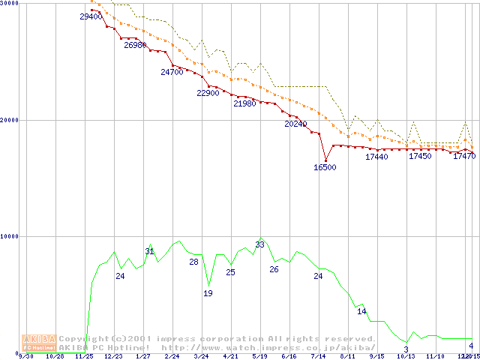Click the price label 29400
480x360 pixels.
click(x=91, y=16)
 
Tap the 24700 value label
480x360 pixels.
click(x=172, y=72)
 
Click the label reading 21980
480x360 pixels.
click(x=244, y=103)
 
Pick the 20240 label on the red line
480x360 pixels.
click(x=295, y=124)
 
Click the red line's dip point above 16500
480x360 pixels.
click(x=325, y=159)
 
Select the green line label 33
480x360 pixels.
click(x=260, y=244)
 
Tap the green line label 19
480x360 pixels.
click(x=208, y=293)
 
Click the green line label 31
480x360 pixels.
click(x=149, y=251)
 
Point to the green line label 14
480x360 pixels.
click(x=361, y=311)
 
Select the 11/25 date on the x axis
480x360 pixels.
click(x=84, y=357)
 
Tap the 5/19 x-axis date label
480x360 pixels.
click(x=259, y=357)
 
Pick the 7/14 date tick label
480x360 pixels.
click(x=318, y=357)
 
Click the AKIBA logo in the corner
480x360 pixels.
click(x=39, y=342)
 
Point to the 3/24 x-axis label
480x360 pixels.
click(x=201, y=357)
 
